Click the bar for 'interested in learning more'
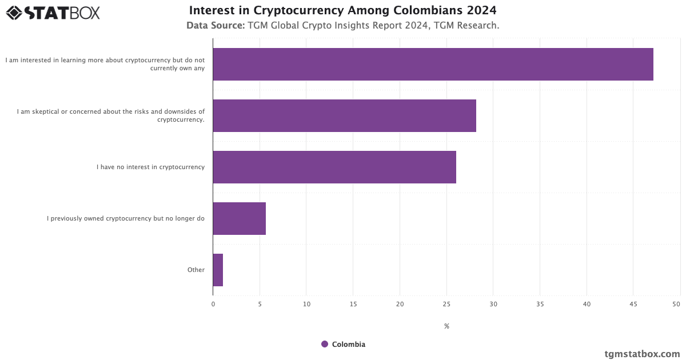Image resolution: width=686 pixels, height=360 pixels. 433,64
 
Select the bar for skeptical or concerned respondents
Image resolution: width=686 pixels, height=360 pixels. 344,115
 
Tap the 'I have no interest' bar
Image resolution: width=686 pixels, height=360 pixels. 334,167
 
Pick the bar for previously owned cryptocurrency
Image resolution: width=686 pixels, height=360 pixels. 239,218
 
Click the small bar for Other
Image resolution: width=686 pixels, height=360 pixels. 218,270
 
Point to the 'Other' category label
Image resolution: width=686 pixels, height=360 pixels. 196,270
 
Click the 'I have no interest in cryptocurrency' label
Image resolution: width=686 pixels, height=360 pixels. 150,167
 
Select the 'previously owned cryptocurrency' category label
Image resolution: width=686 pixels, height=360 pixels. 126,218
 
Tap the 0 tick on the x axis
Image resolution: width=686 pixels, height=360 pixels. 213,305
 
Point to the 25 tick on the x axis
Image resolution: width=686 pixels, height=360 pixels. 446,305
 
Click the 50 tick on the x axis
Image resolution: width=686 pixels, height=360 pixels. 676,305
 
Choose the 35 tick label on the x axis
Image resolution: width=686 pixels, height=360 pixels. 540,305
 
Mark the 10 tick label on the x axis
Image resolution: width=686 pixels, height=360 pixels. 306,305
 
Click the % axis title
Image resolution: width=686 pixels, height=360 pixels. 446,326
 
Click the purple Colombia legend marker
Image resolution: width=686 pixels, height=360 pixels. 325,344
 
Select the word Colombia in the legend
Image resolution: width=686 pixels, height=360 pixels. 348,344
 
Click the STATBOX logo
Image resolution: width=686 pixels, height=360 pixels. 53,13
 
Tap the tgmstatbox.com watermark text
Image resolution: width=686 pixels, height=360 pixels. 642,354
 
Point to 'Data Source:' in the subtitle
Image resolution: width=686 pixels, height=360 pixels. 215,26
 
